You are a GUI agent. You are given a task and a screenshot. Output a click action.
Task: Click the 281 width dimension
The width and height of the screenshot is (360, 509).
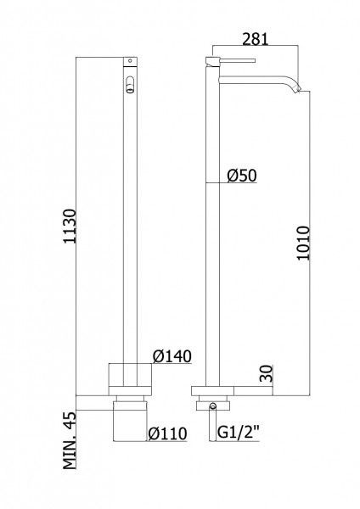(x=256, y=39)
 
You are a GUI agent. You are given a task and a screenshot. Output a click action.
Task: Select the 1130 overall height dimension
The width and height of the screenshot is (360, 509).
(x=70, y=227)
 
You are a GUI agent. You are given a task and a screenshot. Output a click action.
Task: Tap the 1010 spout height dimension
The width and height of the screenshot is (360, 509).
(x=303, y=243)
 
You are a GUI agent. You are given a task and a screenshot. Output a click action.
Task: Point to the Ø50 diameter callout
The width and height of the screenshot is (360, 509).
(x=242, y=176)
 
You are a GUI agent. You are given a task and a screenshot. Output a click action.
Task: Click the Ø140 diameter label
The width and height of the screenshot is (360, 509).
(x=172, y=356)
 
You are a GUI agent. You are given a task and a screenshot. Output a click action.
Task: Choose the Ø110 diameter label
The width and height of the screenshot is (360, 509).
(x=167, y=433)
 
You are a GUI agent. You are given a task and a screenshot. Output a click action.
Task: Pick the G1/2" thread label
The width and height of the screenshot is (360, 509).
(x=238, y=433)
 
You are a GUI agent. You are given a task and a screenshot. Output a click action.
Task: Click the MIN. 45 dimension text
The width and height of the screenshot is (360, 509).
(x=70, y=439)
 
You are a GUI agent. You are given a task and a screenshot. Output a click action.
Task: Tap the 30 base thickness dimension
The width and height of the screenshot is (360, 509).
(x=266, y=373)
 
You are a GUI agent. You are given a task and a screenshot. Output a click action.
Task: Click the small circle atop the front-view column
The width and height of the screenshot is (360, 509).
(x=130, y=60)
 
